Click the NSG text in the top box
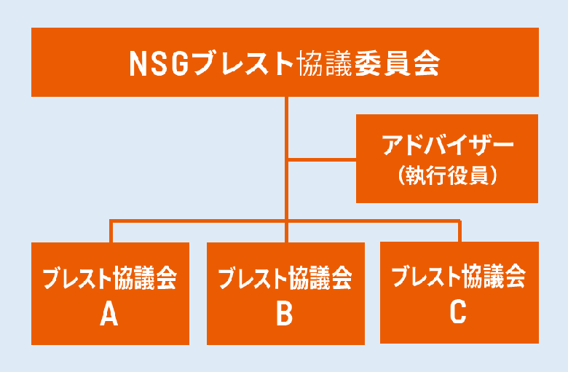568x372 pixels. pyautogui.click(x=159, y=64)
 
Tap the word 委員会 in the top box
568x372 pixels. pyautogui.click(x=398, y=64)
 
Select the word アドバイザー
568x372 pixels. pyautogui.click(x=448, y=145)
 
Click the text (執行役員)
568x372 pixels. pyautogui.click(x=448, y=175)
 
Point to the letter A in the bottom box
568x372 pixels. pyautogui.click(x=109, y=314)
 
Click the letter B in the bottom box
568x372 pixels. pyautogui.click(x=285, y=313)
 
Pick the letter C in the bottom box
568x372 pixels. pyautogui.click(x=458, y=312)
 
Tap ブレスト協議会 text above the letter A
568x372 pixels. pyautogui.click(x=110, y=278)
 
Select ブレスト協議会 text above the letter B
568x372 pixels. pyautogui.click(x=285, y=278)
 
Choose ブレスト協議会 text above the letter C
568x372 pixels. pyautogui.click(x=459, y=277)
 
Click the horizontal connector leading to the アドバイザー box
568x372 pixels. pyautogui.click(x=322, y=159)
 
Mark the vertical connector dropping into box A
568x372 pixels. pyautogui.click(x=111, y=231)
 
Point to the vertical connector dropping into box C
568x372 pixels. pyautogui.click(x=459, y=230)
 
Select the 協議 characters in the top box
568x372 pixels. pyautogui.click(x=326, y=64)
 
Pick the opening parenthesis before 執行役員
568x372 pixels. pyautogui.click(x=401, y=175)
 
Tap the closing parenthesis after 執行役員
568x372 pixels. pyautogui.click(x=494, y=175)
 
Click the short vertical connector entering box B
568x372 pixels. pyautogui.click(x=286, y=231)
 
